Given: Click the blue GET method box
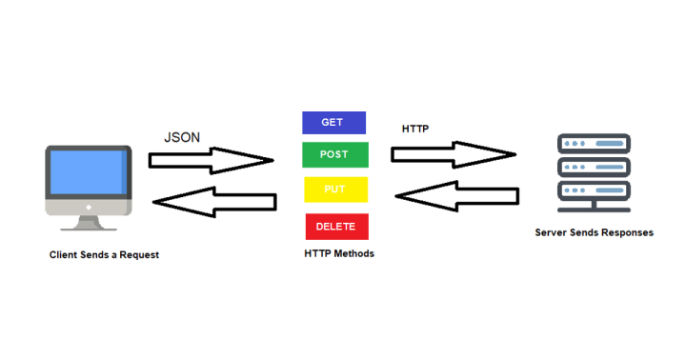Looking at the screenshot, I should click(x=333, y=123).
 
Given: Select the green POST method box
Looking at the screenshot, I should click(x=334, y=155).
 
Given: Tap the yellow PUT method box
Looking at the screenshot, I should click(x=335, y=190).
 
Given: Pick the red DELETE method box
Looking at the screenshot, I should click(x=336, y=227).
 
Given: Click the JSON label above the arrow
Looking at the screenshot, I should click(x=182, y=137).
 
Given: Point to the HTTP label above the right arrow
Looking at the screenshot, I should click(x=415, y=128).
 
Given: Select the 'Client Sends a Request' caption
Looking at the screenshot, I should click(x=104, y=255).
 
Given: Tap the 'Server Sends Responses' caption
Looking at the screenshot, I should click(x=595, y=233).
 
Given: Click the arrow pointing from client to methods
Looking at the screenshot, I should click(x=211, y=160).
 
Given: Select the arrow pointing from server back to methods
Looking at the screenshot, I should click(x=457, y=196).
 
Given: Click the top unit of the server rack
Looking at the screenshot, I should click(x=594, y=145).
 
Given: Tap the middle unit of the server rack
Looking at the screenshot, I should click(x=594, y=166).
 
